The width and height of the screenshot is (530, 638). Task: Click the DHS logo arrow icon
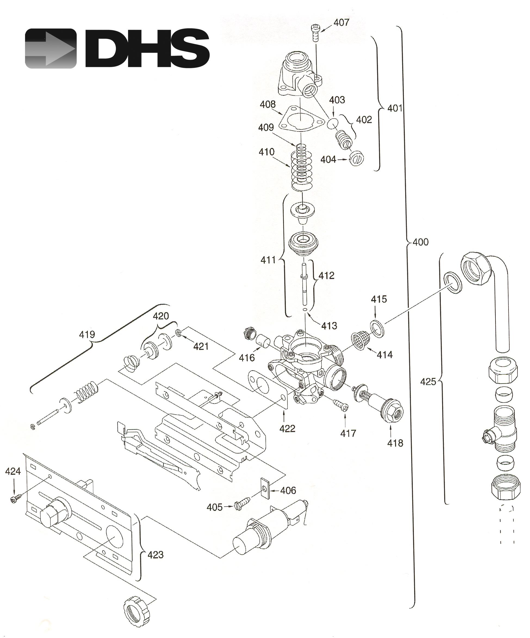pyautogui.click(x=50, y=48)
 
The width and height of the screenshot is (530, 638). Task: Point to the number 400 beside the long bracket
pyautogui.click(x=420, y=242)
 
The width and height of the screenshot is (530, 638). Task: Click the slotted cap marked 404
pyautogui.click(x=356, y=158)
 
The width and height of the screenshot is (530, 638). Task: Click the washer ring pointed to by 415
pyautogui.click(x=377, y=328)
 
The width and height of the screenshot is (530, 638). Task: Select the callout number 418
pyautogui.click(x=395, y=443)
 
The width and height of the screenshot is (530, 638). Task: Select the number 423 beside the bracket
pyautogui.click(x=156, y=555)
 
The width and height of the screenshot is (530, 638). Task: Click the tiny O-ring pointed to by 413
pyautogui.click(x=305, y=309)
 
